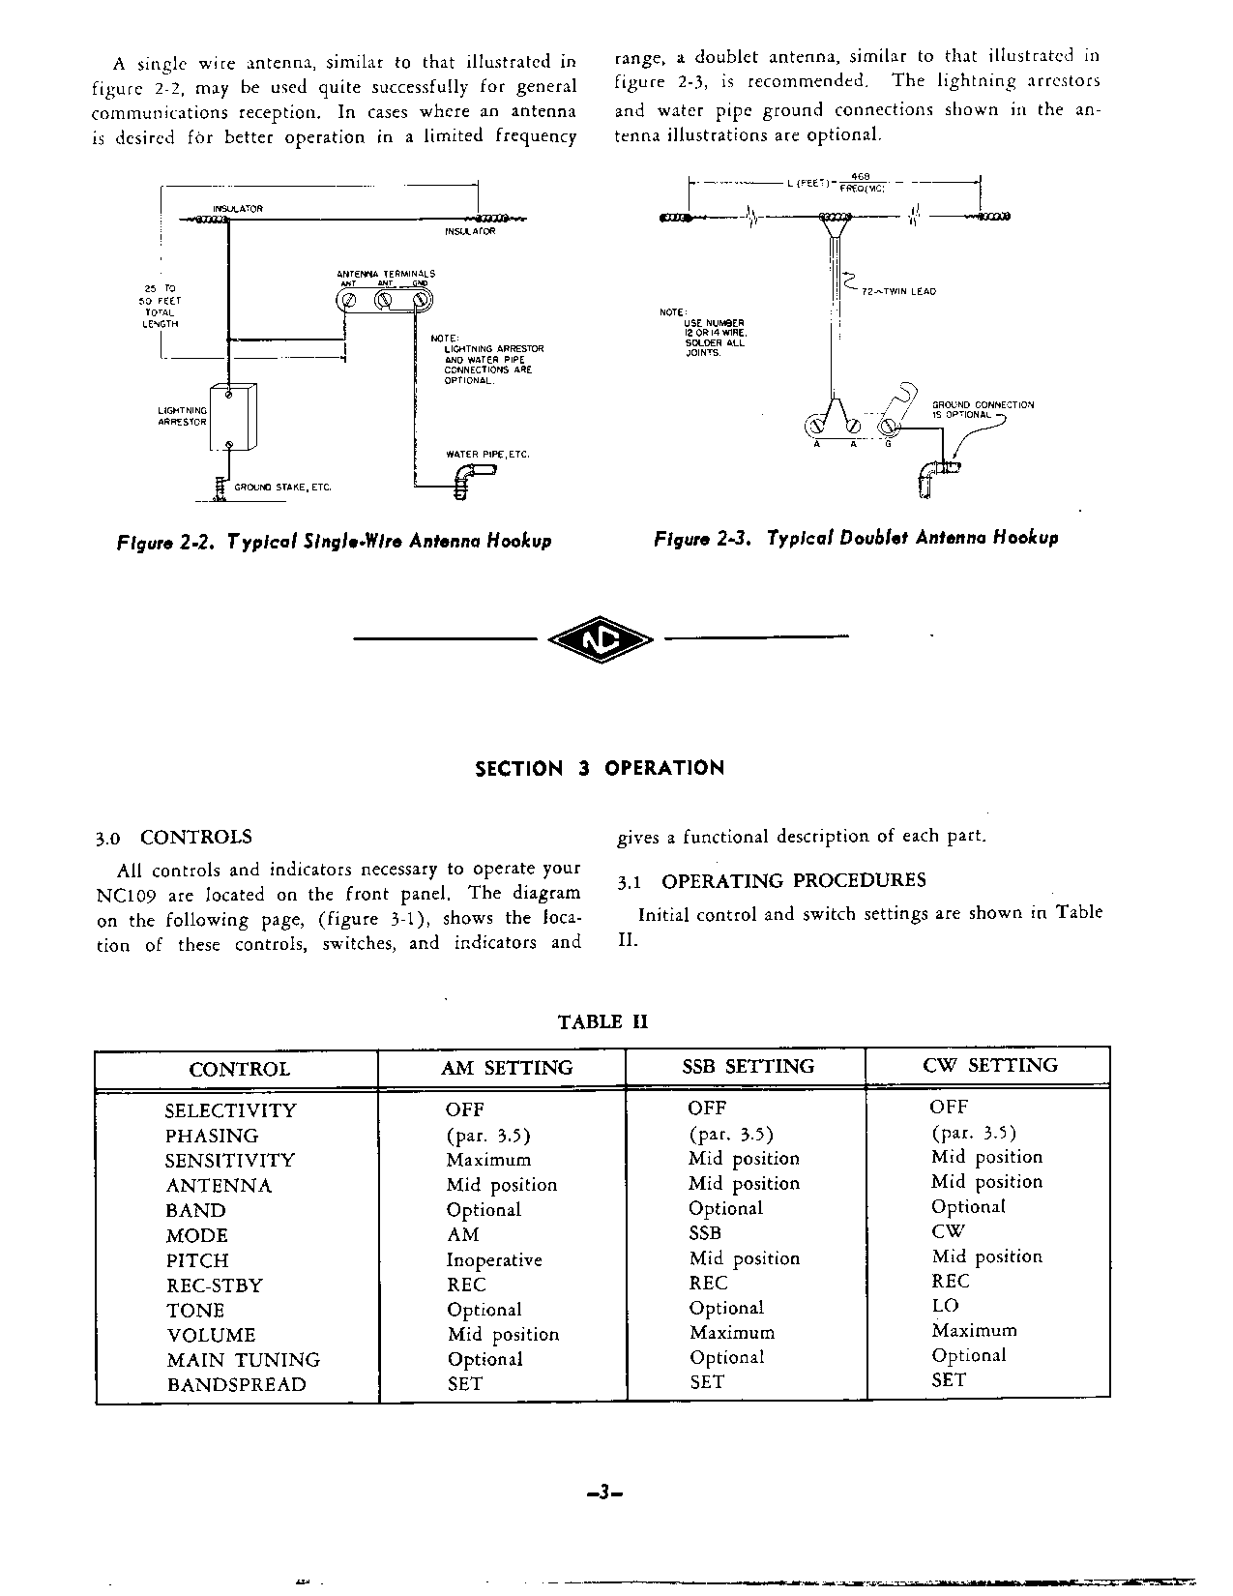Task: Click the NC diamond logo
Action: click(x=601, y=638)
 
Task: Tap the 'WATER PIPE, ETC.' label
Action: click(x=487, y=454)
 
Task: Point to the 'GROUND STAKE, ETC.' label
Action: click(x=282, y=488)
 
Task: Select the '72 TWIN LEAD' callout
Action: click(x=897, y=291)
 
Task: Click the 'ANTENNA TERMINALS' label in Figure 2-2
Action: click(x=386, y=274)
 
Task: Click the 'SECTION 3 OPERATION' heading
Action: click(x=600, y=769)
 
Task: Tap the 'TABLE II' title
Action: click(x=602, y=1022)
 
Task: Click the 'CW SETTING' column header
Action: click(x=990, y=1065)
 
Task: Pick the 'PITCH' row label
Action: click(x=197, y=1260)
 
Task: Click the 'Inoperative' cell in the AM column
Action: click(x=493, y=1259)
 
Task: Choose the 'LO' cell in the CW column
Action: click(x=945, y=1306)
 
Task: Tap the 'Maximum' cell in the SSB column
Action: click(x=731, y=1333)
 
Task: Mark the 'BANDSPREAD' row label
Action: click(x=236, y=1384)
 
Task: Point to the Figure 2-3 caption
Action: click(x=856, y=538)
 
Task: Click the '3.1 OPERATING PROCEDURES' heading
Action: click(x=772, y=880)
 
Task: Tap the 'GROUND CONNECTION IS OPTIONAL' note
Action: click(x=982, y=409)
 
